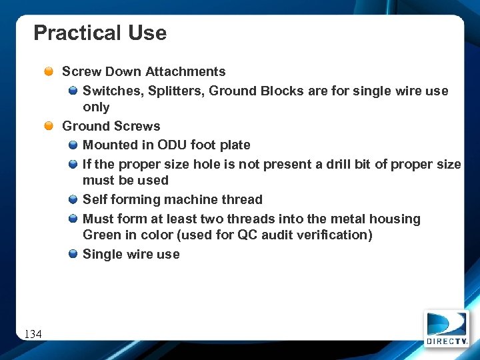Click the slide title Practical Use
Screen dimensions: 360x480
[100, 33]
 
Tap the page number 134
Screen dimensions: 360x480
[33, 333]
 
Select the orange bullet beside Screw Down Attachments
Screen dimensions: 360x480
[49, 72]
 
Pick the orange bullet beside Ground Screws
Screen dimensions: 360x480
[49, 127]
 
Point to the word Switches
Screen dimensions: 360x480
[109, 91]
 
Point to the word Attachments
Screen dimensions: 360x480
[185, 71]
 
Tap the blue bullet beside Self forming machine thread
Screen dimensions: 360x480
[73, 200]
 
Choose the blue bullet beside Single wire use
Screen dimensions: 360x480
[73, 255]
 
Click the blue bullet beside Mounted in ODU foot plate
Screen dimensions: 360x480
[73, 145]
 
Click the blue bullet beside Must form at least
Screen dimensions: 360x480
[73, 219]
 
